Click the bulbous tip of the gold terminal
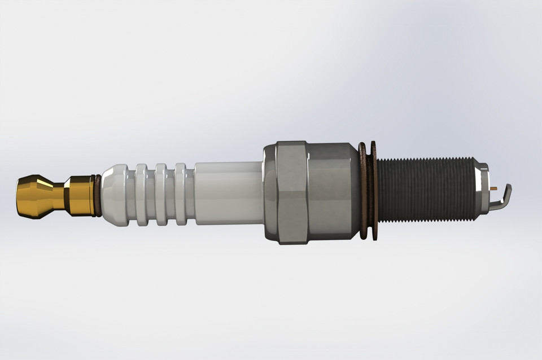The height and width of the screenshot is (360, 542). (x=31, y=196)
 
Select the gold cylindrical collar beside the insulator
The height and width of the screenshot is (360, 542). (x=80, y=195)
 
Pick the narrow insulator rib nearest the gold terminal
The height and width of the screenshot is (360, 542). (x=141, y=194)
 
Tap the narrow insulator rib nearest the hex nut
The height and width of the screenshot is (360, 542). (x=181, y=194)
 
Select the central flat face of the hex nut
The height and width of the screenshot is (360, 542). (x=292, y=192)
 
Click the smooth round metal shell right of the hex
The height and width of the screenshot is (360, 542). (x=333, y=192)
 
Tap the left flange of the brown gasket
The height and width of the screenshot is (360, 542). (x=362, y=191)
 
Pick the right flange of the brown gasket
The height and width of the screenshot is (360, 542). (x=374, y=191)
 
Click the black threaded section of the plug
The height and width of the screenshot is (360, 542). (x=426, y=190)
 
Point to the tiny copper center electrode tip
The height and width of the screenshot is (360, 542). (x=495, y=188)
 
